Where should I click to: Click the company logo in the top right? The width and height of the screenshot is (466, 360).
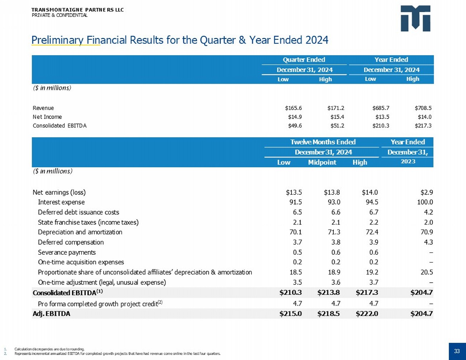click(415, 18)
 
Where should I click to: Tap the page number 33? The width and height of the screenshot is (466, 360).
click(457, 351)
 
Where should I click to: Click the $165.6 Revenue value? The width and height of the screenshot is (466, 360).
click(293, 108)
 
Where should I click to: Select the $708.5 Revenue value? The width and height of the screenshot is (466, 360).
click(423, 108)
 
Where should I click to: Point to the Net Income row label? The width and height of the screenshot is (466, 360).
click(47, 117)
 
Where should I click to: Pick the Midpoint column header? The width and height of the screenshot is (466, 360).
click(322, 162)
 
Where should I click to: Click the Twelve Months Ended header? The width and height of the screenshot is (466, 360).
click(323, 142)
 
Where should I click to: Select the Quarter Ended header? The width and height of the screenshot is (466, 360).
click(304, 60)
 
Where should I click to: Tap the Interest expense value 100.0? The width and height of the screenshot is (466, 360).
click(425, 202)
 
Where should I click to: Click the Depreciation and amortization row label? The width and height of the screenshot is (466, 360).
click(80, 232)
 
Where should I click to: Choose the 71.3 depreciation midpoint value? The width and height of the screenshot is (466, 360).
click(334, 232)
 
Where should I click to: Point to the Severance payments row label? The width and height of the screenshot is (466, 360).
click(67, 252)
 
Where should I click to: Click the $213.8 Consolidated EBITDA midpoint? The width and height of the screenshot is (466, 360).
click(328, 293)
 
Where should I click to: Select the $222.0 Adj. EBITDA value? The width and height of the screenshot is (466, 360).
click(367, 314)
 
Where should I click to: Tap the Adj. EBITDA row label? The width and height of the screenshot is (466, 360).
click(51, 314)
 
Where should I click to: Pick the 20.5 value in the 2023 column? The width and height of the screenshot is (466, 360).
click(427, 272)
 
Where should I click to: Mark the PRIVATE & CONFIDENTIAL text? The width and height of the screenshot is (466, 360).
click(60, 15)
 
